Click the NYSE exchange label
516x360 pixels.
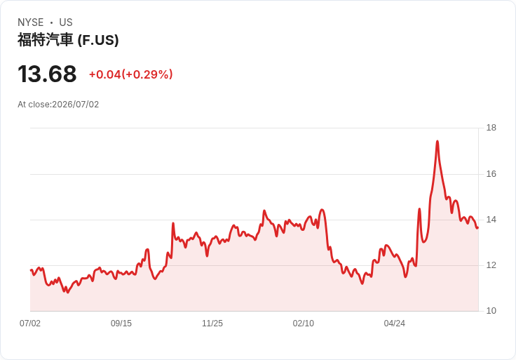(31, 22)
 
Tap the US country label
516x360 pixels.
(66, 22)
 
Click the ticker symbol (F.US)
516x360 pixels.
(98, 40)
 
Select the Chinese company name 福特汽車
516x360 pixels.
(45, 40)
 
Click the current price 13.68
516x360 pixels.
(47, 74)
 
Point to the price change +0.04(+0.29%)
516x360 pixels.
(130, 74)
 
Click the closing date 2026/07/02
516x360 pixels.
(75, 105)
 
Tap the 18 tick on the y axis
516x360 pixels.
(491, 128)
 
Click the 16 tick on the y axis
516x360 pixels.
(491, 174)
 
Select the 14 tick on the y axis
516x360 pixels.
(491, 220)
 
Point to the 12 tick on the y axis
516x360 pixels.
(491, 265)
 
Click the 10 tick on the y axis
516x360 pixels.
(491, 311)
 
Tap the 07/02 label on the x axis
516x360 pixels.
(30, 324)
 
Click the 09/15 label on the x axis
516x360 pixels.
(121, 324)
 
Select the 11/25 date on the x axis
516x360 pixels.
(212, 324)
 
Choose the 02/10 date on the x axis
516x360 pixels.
(304, 324)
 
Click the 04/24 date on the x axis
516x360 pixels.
(394, 324)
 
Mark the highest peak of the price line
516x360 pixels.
(437, 141)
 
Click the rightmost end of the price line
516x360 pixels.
(477, 227)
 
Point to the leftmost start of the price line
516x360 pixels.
(31, 270)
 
